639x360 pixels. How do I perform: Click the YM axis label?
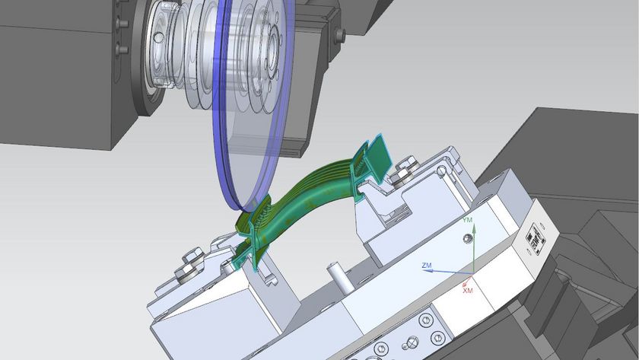(x=467, y=220)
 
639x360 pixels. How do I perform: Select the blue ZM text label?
(x=427, y=266)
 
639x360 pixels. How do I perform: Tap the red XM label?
(x=467, y=291)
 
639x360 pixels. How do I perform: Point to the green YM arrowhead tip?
(x=473, y=224)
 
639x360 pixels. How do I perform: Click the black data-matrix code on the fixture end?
(x=535, y=238)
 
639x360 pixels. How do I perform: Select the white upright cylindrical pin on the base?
(x=338, y=277)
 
